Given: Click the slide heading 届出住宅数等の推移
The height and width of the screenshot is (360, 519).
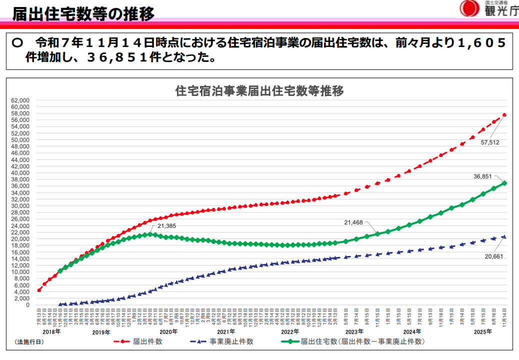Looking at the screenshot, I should pos(83,13).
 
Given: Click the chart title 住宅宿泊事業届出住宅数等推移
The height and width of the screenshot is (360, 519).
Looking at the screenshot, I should pos(259,91).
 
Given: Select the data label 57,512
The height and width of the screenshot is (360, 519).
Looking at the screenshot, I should pos(490,142).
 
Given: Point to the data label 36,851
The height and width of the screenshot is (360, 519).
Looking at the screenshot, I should pos(482,176).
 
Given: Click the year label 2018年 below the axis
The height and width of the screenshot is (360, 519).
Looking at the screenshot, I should pos(51,331).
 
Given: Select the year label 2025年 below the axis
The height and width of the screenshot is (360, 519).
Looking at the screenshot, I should pos(483,331).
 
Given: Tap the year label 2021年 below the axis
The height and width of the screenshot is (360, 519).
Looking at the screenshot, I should pos(226,331).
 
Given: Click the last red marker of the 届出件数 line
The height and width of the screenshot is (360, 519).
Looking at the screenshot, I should pos(504,115).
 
